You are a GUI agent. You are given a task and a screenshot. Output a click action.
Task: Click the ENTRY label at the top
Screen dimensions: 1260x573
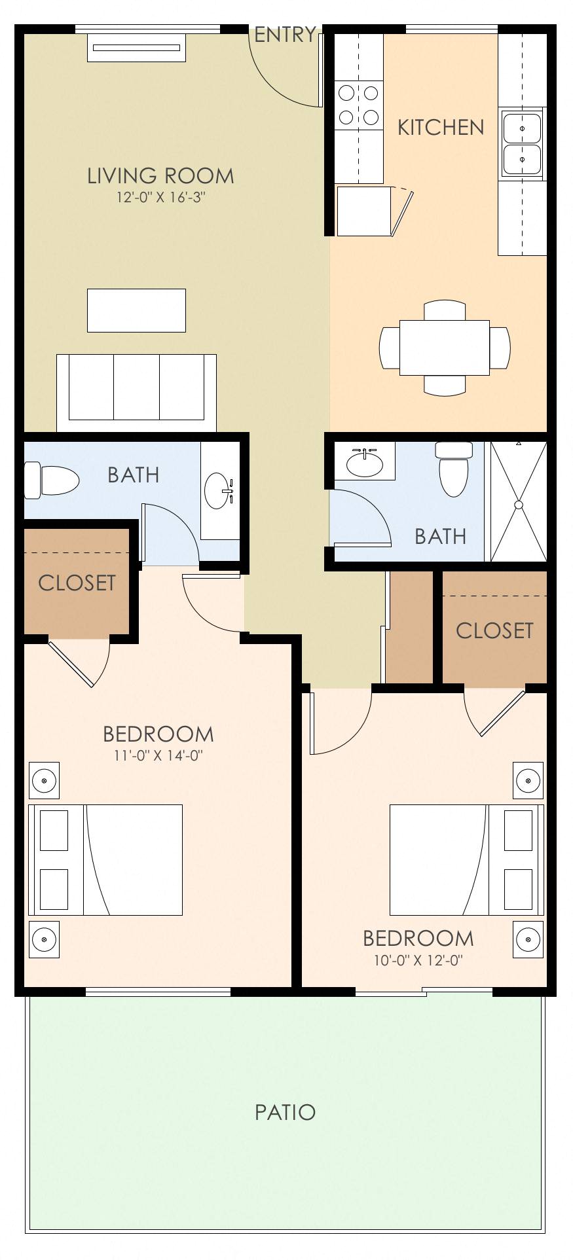[x=285, y=35]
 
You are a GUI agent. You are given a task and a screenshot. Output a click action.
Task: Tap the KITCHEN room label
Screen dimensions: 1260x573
[x=441, y=128]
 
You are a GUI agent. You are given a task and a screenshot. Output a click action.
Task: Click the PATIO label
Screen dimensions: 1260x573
[x=285, y=1112]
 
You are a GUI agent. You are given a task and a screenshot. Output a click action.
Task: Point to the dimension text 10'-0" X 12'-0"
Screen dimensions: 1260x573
[x=418, y=961]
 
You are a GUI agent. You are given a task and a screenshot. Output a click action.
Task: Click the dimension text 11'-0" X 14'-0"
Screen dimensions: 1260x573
[x=158, y=755]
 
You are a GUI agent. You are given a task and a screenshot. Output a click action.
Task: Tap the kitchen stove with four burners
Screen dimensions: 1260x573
[x=359, y=105]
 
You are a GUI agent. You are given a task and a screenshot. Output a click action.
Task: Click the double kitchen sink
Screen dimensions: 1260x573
[x=522, y=144]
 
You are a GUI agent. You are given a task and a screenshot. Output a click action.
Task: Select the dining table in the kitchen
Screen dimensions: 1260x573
[x=444, y=347]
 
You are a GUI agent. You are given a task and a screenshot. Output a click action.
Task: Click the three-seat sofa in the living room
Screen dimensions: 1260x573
[x=136, y=391]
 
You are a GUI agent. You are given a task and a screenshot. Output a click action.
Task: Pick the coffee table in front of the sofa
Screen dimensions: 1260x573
[x=136, y=310]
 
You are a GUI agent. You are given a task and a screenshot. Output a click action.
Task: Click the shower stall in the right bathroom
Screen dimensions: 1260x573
[x=518, y=503]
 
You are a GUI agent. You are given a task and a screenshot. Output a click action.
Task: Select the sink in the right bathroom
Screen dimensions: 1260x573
[x=364, y=463]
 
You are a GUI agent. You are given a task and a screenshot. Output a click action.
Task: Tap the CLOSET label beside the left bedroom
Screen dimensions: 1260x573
[x=77, y=583]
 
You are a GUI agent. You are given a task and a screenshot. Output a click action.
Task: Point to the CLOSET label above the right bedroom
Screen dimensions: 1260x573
[x=494, y=630]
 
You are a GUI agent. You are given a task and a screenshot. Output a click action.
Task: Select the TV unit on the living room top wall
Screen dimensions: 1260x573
[x=136, y=48]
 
